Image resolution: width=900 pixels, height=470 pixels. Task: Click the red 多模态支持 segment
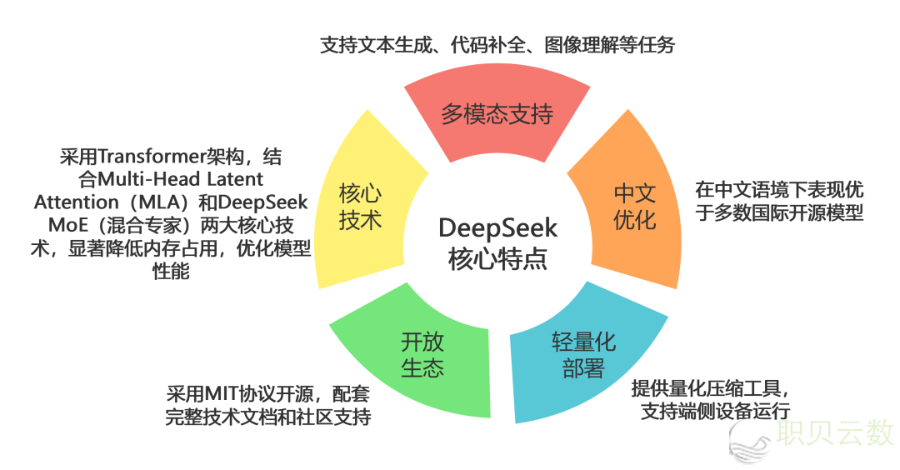pyautogui.click(x=497, y=114)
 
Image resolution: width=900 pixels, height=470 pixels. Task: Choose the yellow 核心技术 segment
pyautogui.click(x=360, y=207)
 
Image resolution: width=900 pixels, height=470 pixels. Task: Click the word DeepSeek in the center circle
pyautogui.click(x=497, y=227)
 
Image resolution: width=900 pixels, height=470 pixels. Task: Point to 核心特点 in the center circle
pyautogui.click(x=497, y=257)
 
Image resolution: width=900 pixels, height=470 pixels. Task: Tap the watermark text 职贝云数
pyautogui.click(x=835, y=432)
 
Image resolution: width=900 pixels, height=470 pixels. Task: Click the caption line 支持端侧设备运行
pyautogui.click(x=715, y=410)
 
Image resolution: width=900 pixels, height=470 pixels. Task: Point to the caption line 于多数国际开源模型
pyautogui.click(x=779, y=213)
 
